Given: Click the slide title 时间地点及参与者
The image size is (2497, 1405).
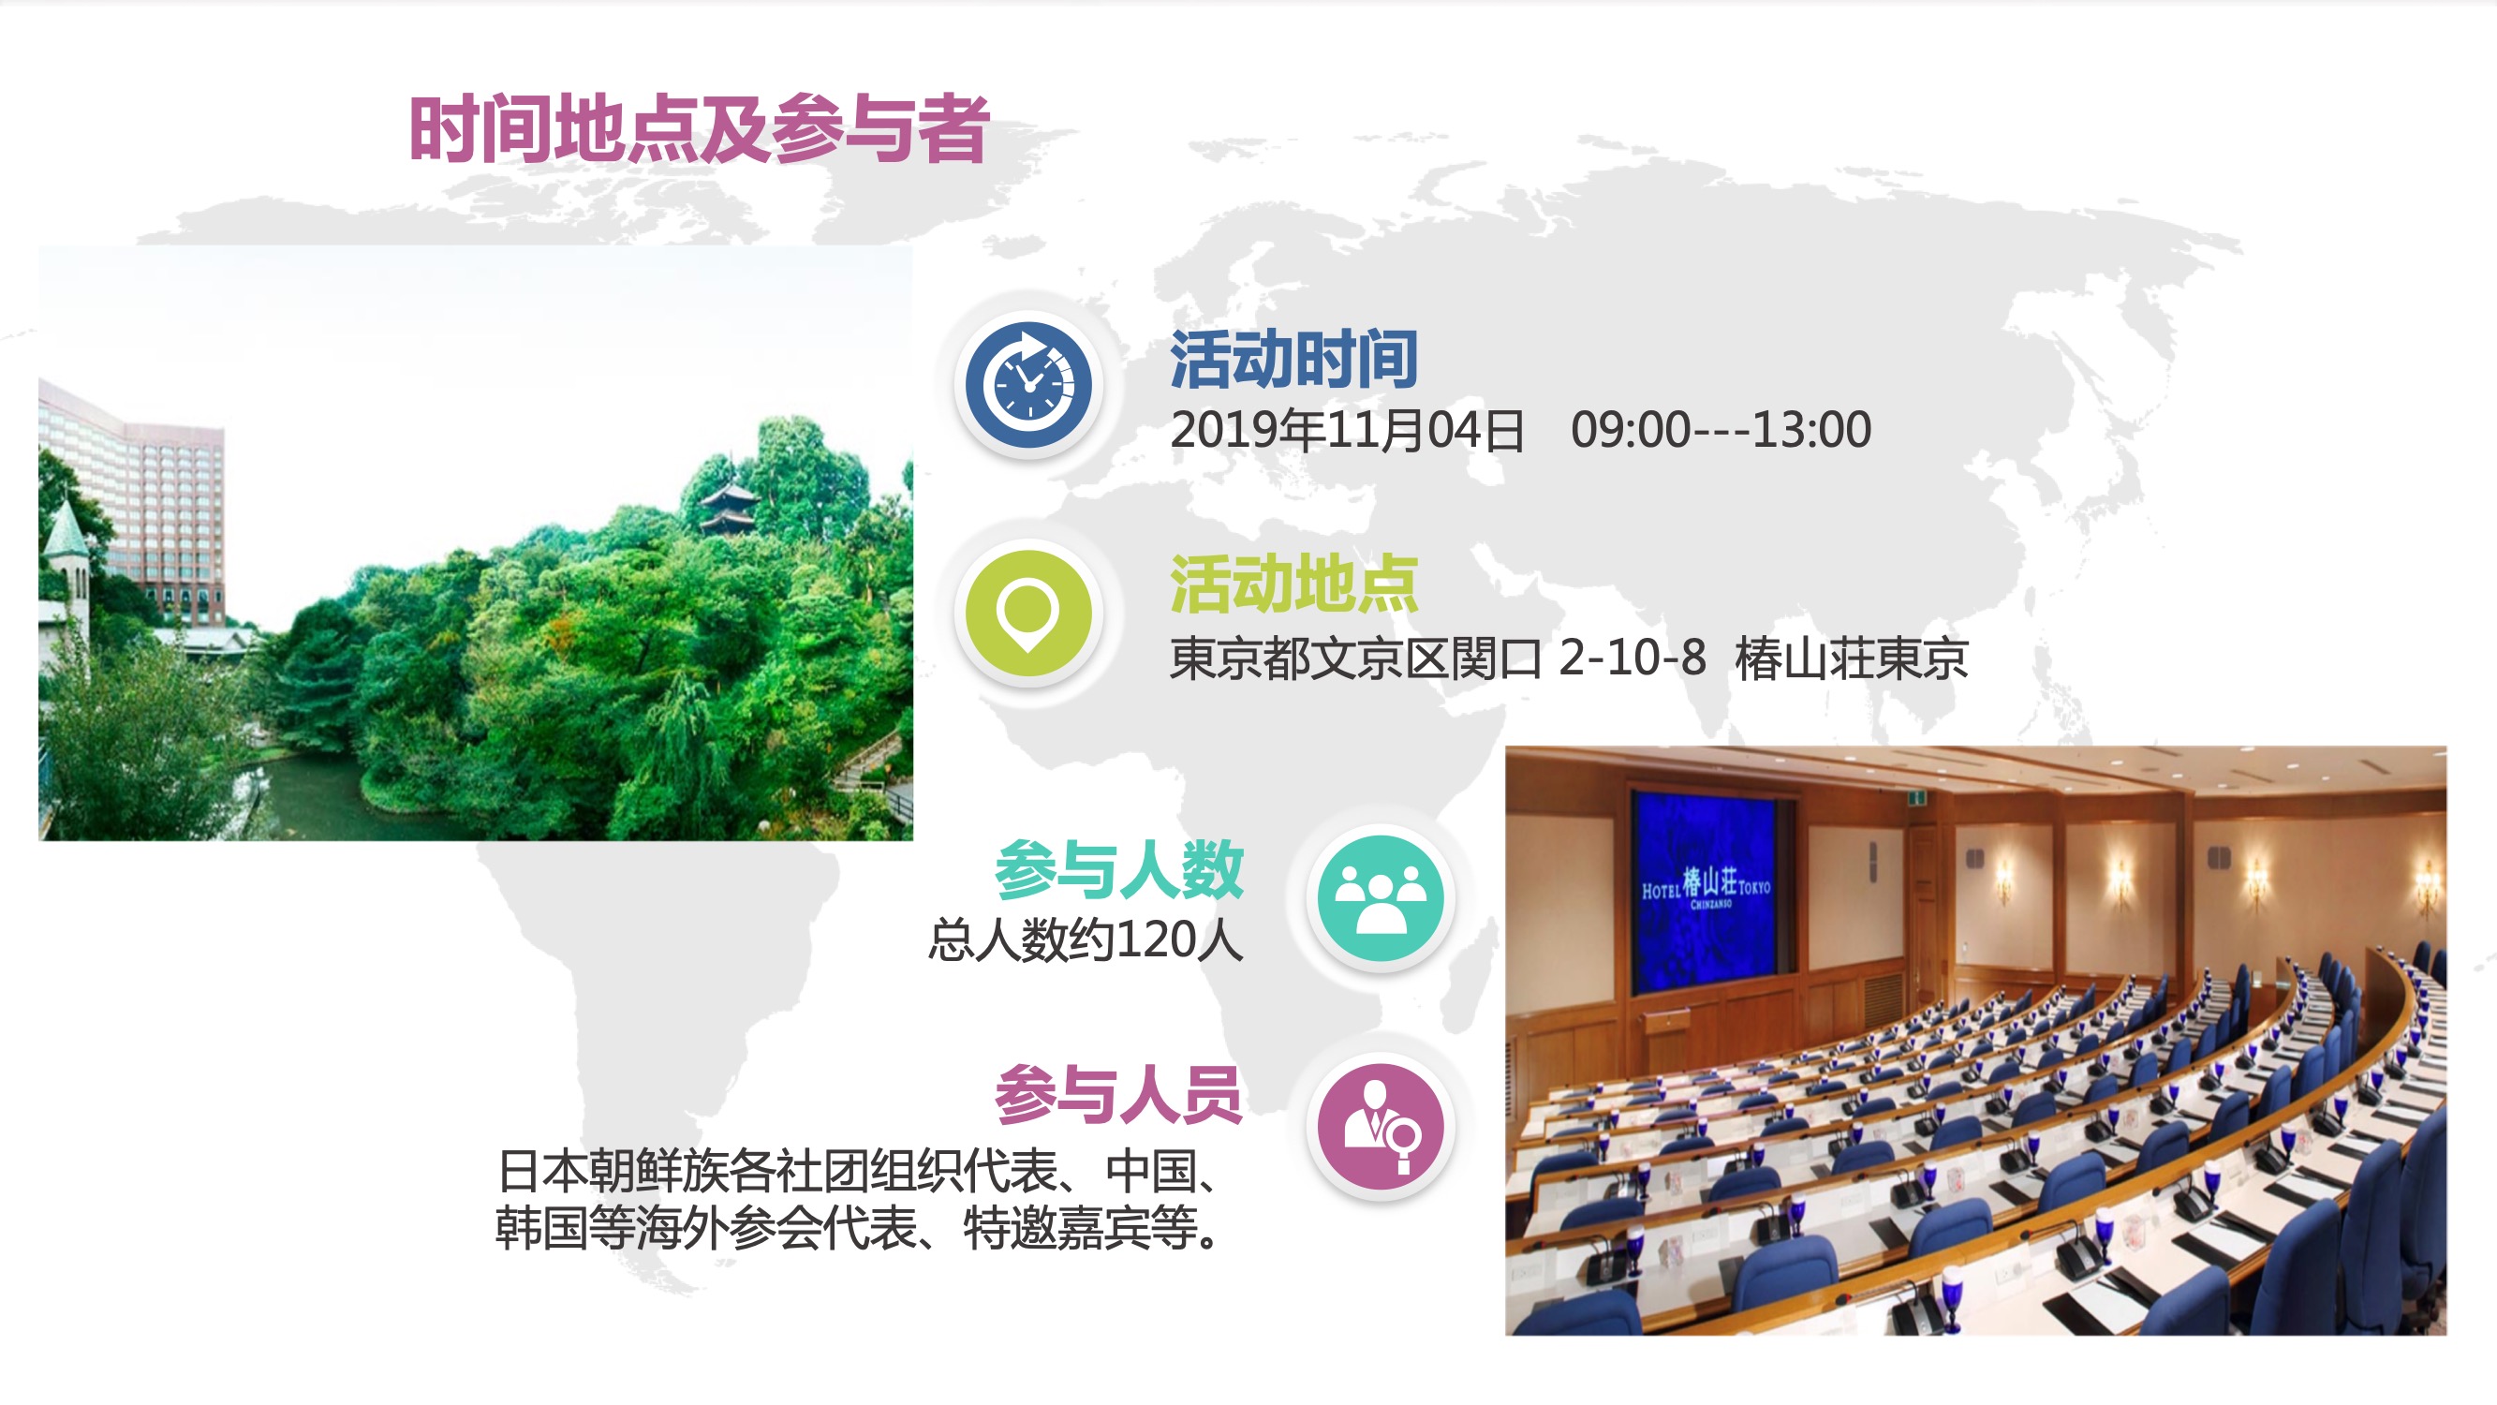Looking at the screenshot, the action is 699,129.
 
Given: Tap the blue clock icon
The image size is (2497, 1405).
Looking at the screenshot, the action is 1028,385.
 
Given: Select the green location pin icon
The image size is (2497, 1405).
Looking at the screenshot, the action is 1028,614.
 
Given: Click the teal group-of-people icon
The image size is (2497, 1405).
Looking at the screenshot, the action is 1381,899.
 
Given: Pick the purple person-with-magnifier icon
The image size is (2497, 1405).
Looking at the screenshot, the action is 1381,1127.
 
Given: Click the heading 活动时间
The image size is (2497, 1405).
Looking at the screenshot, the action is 1294,360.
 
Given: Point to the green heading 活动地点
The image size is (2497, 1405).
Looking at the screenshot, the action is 1294,584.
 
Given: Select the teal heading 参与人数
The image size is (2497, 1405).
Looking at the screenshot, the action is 1119,870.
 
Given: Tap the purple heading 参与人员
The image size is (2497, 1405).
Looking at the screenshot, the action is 1119,1095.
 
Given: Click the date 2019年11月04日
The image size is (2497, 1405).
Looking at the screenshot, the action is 1348,430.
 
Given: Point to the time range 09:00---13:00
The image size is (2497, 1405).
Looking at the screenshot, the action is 1721,430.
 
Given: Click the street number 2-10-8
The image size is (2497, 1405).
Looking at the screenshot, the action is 1633,658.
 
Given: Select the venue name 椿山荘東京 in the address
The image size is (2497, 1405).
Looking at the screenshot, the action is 1852,658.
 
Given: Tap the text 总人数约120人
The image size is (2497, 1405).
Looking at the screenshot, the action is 1086,939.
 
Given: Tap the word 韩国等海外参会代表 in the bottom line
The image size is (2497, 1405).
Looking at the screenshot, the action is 705,1229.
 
